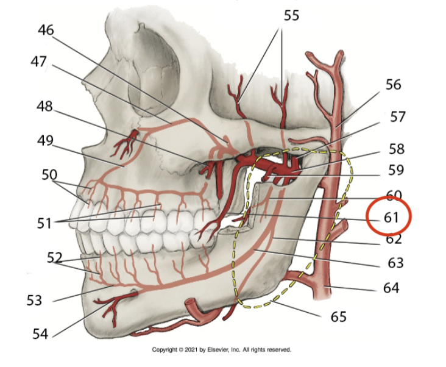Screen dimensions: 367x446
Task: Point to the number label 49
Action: pos(44,141)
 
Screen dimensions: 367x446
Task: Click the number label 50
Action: pos(49,174)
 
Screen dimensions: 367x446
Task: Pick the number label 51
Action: pos(44,224)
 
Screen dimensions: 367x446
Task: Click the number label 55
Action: pos(291,15)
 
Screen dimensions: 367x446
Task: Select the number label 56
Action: pos(393,84)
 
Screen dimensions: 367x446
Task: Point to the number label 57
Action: pos(397,116)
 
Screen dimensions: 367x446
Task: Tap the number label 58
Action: pos(396,149)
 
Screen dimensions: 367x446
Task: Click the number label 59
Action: pos(396,171)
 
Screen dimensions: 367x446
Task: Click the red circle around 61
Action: pos(389,217)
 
